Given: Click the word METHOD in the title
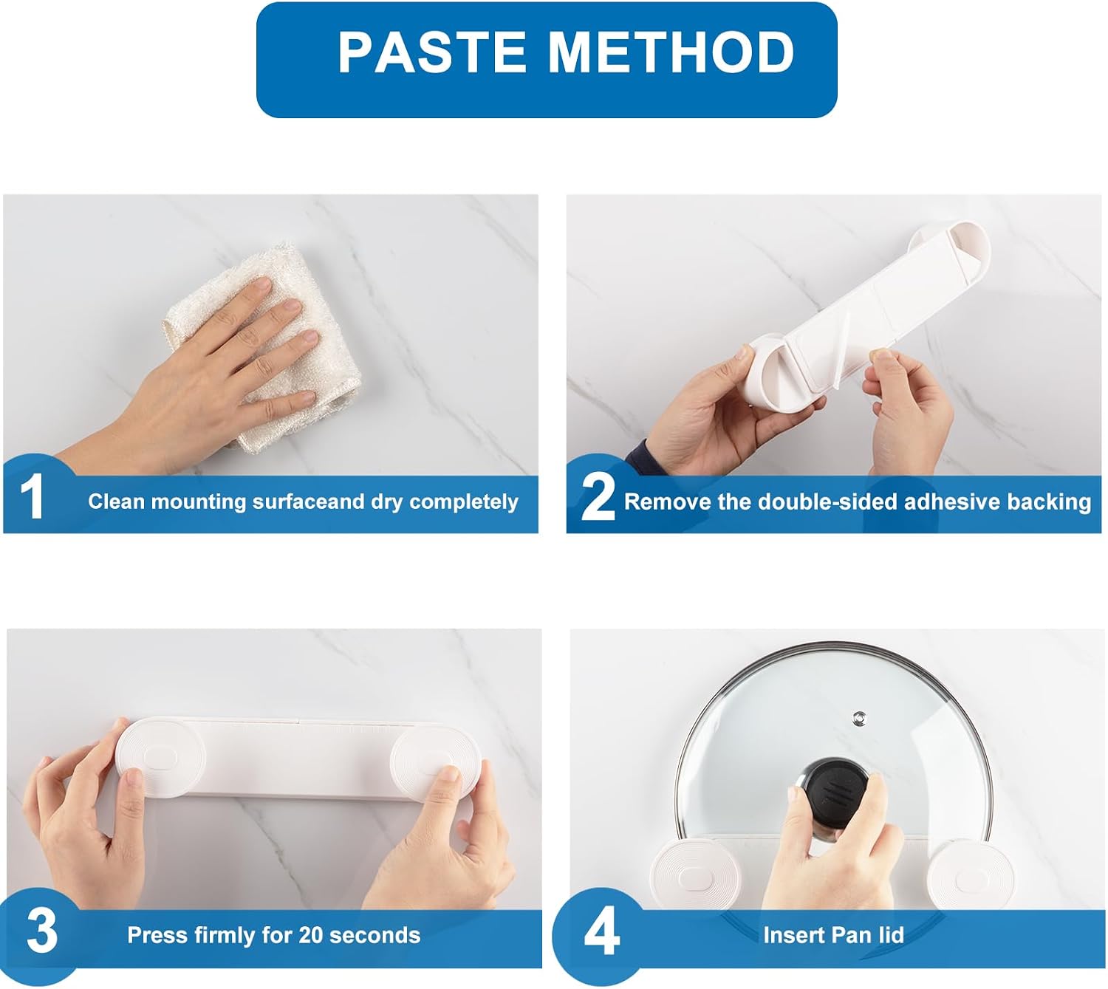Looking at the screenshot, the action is click(x=671, y=52).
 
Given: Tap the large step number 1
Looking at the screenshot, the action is click(x=33, y=496).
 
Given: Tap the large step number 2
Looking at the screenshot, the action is click(x=598, y=496).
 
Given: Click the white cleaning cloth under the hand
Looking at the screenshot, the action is click(x=262, y=350).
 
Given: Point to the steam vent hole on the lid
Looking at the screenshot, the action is click(x=859, y=716).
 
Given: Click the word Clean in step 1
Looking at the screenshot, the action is click(x=117, y=501).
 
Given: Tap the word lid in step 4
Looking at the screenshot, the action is click(x=892, y=935).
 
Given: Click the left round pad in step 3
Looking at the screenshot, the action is click(x=160, y=758).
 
